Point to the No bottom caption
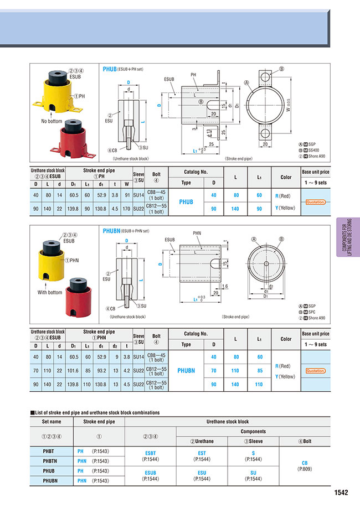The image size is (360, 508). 52,121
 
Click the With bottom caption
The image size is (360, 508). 50,292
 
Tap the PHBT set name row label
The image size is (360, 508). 52,452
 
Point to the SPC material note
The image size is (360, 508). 313,312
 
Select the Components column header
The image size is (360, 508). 253,431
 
